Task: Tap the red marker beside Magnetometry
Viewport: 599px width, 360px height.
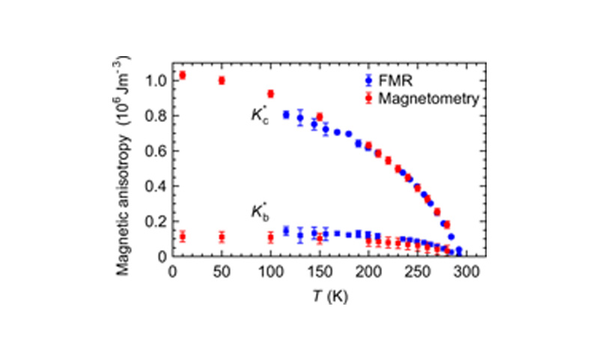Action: (x=366, y=97)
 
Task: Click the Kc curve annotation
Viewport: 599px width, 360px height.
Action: (x=259, y=115)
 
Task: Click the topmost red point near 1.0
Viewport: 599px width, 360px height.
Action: (x=182, y=75)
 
